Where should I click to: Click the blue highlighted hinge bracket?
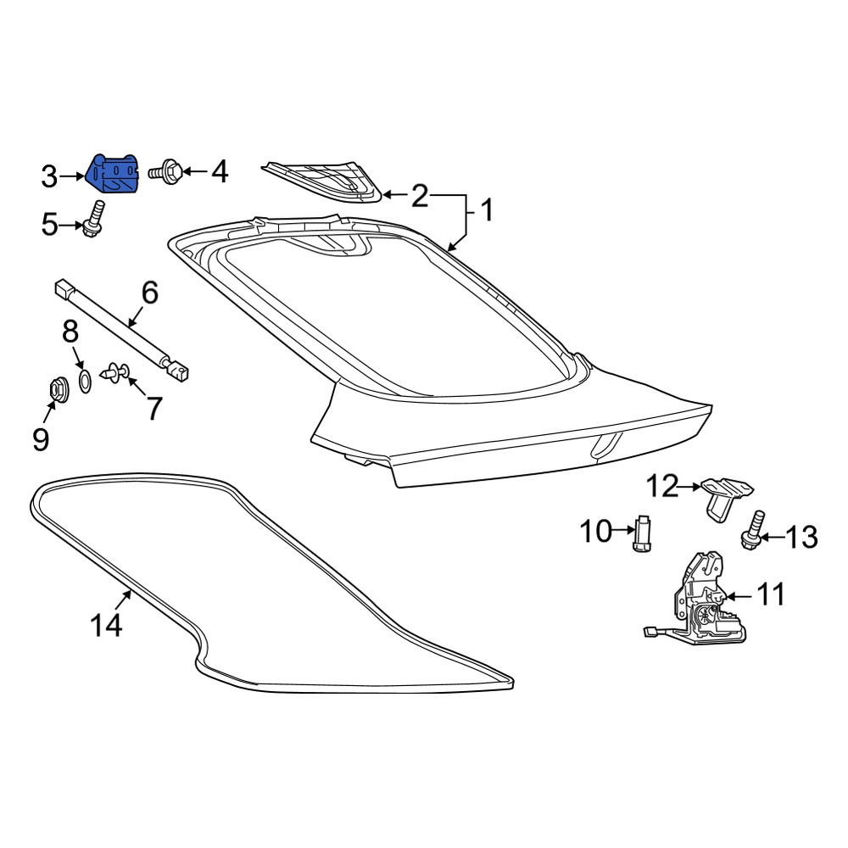113,174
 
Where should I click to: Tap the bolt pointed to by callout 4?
165,172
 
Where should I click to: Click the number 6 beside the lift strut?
149,293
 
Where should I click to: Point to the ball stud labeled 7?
115,372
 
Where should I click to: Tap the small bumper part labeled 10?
643,533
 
